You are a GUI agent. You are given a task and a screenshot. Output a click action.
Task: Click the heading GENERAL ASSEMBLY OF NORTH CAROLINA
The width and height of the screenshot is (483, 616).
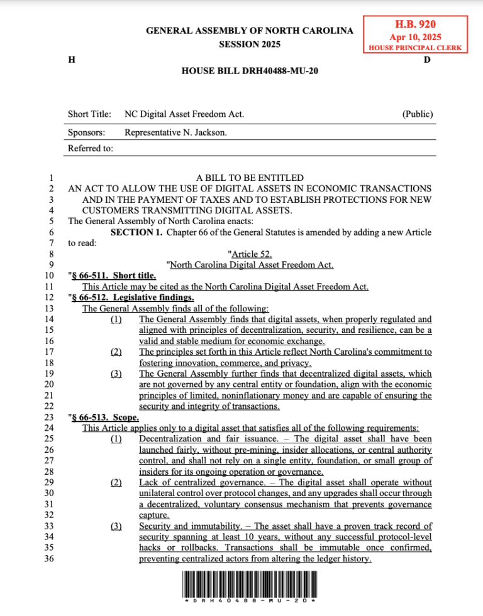click(250, 30)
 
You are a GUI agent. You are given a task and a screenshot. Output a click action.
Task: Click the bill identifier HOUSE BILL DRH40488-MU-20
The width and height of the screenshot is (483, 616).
click(250, 71)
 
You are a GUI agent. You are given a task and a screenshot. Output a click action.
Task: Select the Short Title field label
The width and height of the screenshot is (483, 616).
click(89, 114)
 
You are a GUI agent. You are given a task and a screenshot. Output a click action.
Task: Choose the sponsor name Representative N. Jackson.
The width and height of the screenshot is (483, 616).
click(175, 132)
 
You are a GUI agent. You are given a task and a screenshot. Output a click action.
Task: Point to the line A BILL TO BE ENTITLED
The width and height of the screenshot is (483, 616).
click(250, 178)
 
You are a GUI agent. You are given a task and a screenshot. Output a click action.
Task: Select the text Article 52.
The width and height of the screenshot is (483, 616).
click(250, 254)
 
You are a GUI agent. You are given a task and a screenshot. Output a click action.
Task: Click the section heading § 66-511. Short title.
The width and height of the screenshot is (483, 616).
click(113, 276)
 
